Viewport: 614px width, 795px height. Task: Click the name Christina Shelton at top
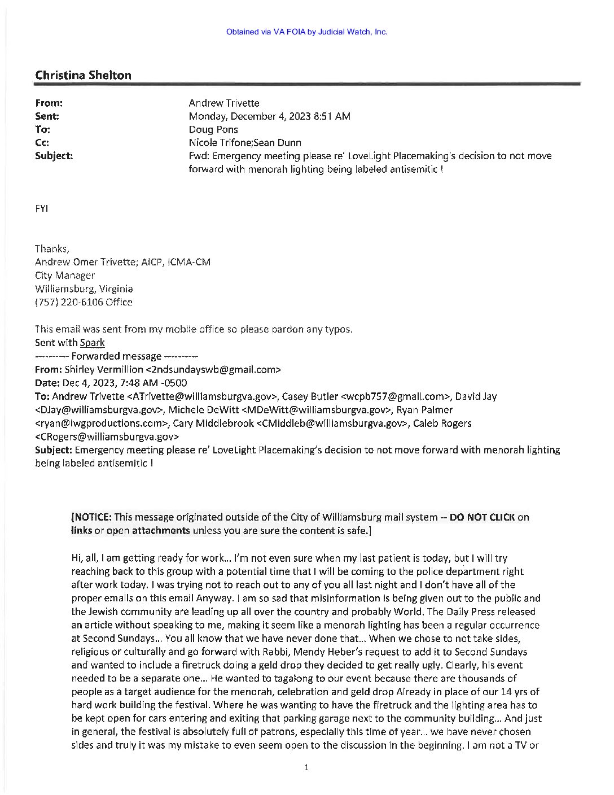(83, 75)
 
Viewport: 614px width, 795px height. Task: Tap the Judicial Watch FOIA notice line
(306, 32)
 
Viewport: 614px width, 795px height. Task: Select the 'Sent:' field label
(47, 116)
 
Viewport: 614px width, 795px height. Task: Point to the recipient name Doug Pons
(213, 130)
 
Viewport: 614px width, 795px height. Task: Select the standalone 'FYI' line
(41, 208)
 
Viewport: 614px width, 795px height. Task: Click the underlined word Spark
(92, 343)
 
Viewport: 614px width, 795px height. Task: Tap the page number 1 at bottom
(305, 767)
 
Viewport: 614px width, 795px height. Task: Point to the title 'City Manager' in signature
(65, 276)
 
